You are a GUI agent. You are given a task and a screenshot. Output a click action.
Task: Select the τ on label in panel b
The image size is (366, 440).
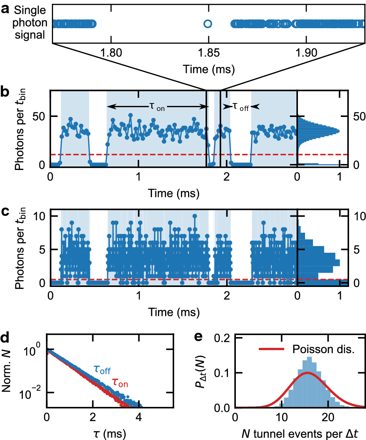coord(157,107)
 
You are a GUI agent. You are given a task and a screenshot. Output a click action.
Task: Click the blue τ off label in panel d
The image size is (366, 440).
coord(102,369)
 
